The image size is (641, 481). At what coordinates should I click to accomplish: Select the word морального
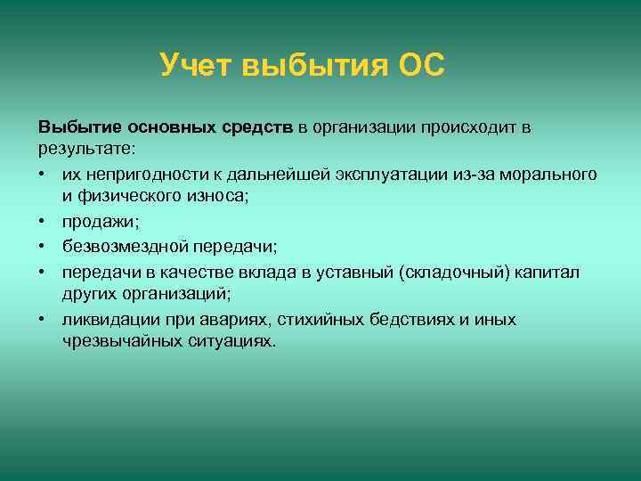pyautogui.click(x=565, y=175)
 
